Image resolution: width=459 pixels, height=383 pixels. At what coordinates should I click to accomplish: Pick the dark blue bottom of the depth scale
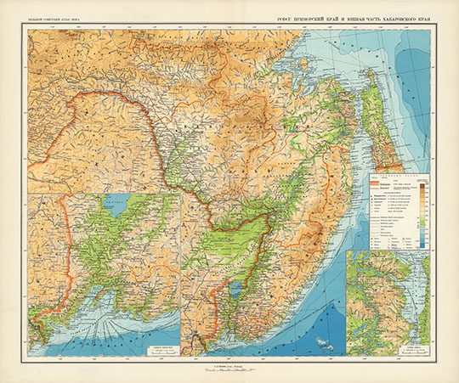422,247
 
